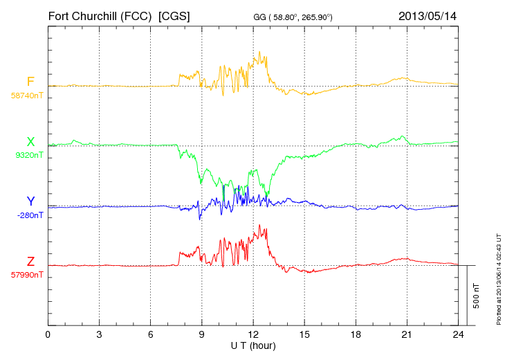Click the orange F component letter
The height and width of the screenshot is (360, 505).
(x=30, y=82)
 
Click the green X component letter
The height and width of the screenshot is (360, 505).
(x=30, y=142)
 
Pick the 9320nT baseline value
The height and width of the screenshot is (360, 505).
(x=28, y=155)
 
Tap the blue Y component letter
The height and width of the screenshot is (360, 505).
(x=30, y=201)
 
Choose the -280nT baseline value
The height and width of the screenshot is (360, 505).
(x=28, y=215)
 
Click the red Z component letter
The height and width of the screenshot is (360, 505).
(x=30, y=262)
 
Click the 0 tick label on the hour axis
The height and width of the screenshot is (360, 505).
(x=48, y=335)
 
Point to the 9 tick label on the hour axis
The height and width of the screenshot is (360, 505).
(x=201, y=335)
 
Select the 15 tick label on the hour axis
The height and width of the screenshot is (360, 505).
(x=304, y=335)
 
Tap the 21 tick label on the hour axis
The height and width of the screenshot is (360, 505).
(x=406, y=335)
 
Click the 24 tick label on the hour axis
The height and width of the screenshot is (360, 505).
(x=457, y=335)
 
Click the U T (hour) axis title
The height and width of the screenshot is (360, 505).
(x=253, y=345)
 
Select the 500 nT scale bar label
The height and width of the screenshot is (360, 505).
(x=477, y=296)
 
